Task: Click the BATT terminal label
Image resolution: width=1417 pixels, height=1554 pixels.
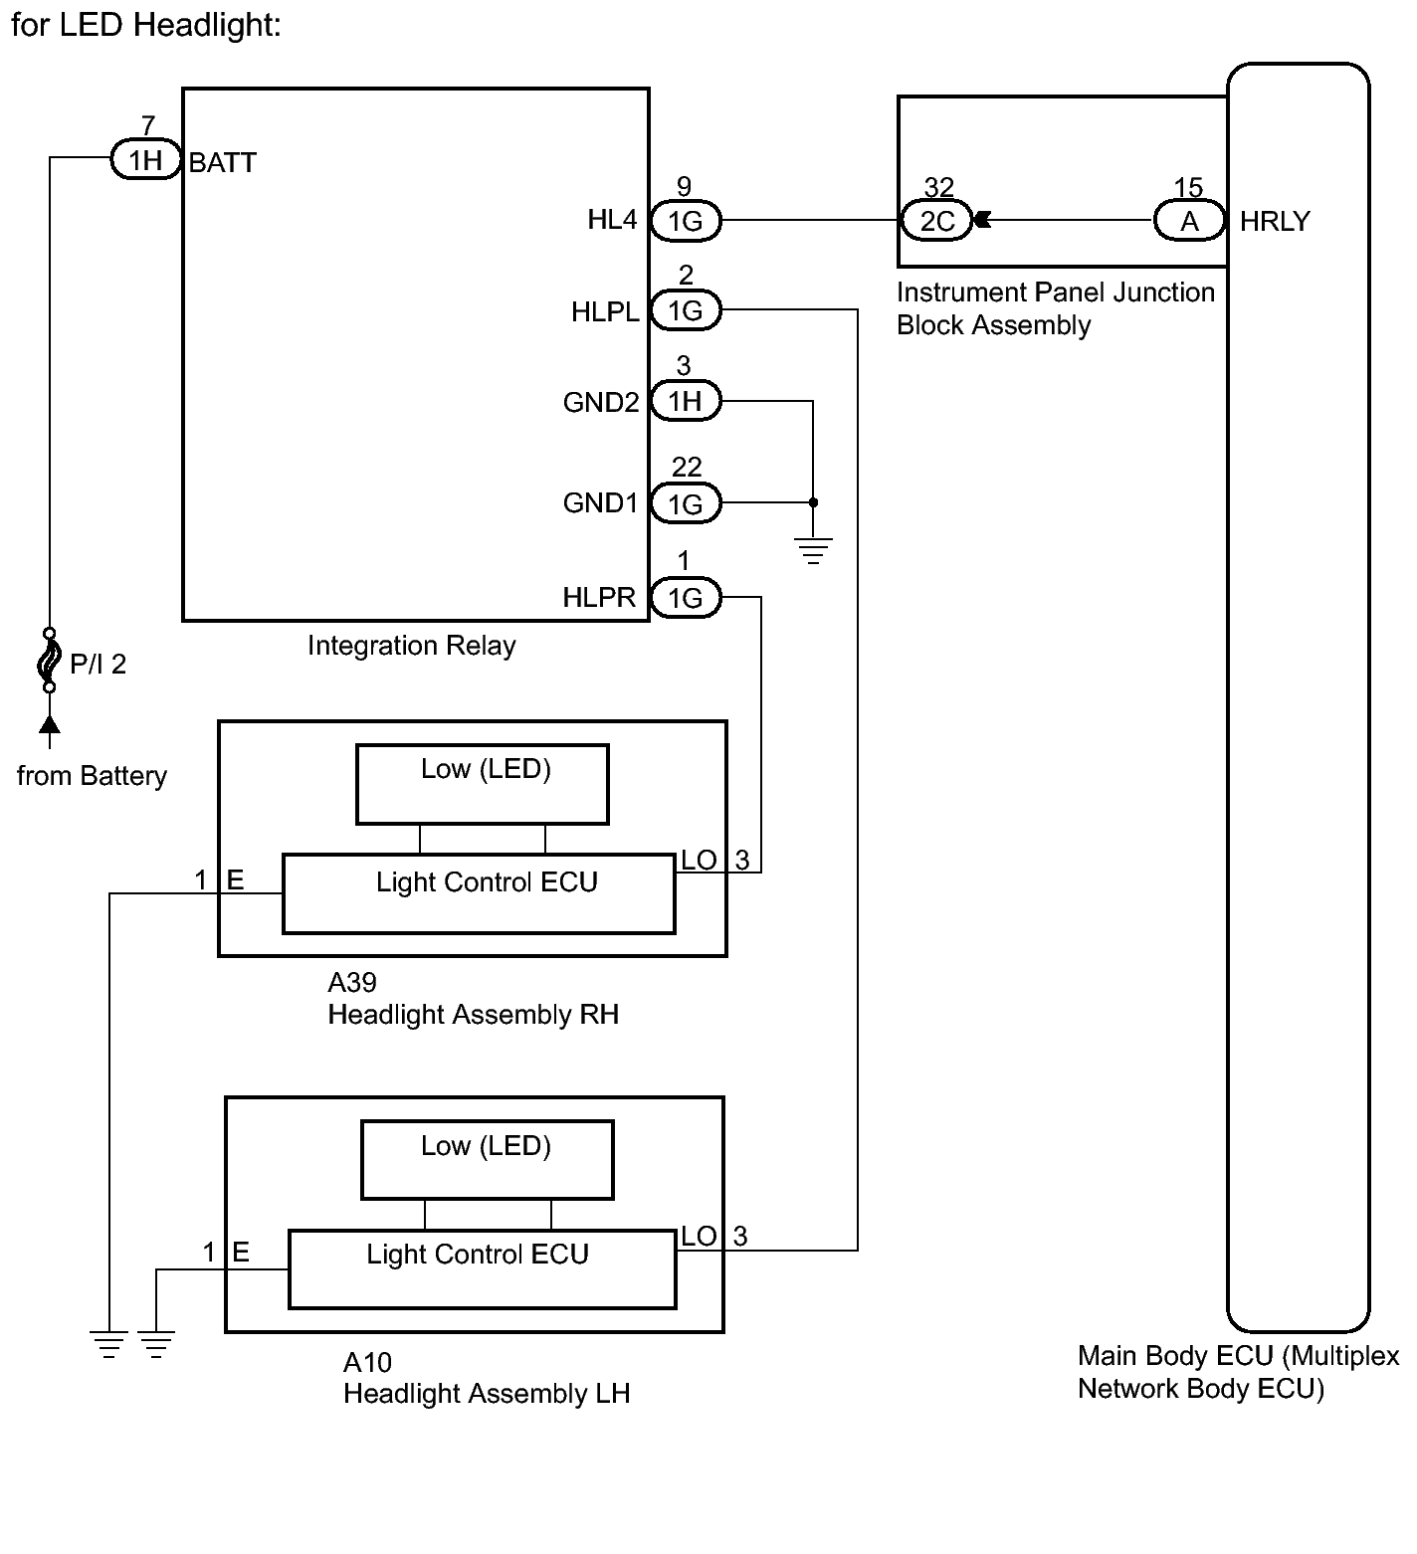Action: [x=223, y=162]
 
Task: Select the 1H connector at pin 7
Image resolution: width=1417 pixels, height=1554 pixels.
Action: [x=145, y=159]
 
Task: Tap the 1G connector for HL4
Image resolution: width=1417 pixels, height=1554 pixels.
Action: [x=686, y=220]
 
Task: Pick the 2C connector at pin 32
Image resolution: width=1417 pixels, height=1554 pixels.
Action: [x=936, y=220]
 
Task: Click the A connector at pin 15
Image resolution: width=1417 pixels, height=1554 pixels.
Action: [x=1189, y=220]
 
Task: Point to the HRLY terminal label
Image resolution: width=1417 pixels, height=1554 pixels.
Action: [x=1275, y=221]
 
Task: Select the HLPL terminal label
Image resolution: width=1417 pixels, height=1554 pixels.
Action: [x=605, y=312]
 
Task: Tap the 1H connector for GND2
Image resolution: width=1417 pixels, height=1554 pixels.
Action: [x=685, y=401]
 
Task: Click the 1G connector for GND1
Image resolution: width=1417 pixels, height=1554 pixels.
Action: [x=686, y=503]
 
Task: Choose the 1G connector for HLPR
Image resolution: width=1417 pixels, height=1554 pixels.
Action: [x=686, y=597]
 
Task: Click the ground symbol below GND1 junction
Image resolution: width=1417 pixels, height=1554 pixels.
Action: [x=813, y=550]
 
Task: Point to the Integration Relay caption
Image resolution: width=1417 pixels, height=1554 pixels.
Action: [x=411, y=646]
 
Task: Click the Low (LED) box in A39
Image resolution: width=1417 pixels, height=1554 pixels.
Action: [x=483, y=784]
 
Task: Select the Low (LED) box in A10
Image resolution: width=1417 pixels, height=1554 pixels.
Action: [x=487, y=1160]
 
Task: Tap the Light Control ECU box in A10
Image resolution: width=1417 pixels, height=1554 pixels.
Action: [x=482, y=1269]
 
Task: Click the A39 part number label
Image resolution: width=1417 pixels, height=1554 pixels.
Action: [x=352, y=983]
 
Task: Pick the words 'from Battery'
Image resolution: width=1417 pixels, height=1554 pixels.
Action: [x=92, y=776]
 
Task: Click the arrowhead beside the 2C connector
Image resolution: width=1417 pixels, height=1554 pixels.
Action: [x=981, y=220]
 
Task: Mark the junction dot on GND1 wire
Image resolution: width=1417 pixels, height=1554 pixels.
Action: [x=813, y=502]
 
